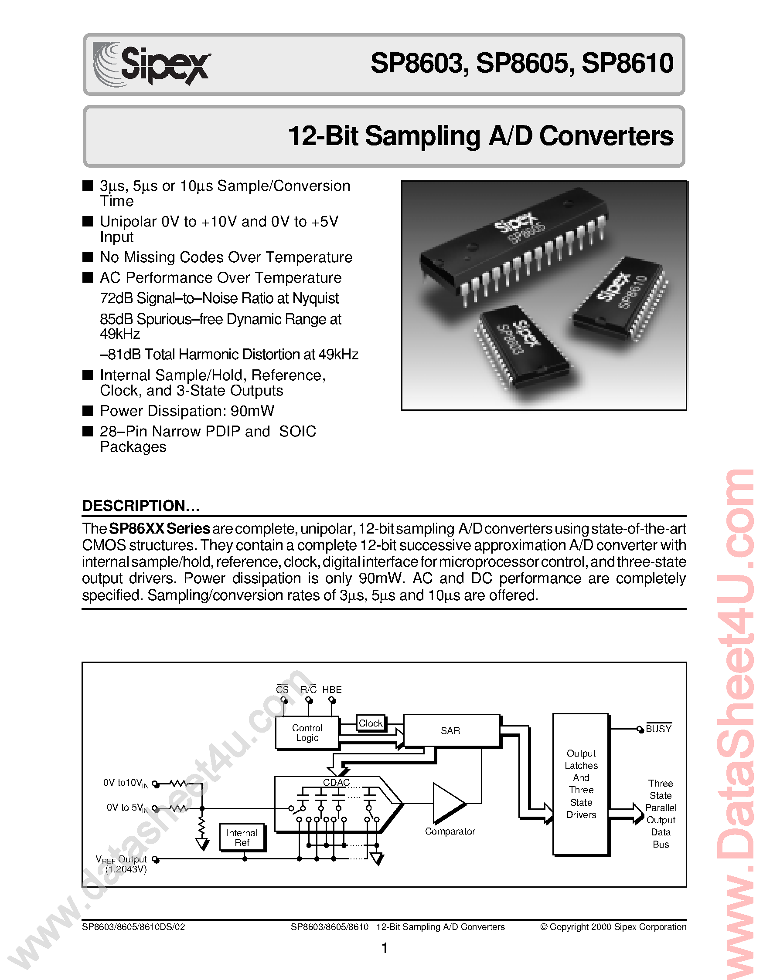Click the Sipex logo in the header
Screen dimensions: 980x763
[x=152, y=64]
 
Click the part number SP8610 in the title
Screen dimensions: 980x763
[x=627, y=64]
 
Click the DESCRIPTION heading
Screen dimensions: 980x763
[x=140, y=506]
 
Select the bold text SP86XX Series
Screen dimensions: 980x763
[x=160, y=529]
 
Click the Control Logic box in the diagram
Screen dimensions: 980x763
[x=307, y=733]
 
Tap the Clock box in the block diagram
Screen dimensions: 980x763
[x=371, y=723]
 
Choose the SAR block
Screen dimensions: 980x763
[x=451, y=730]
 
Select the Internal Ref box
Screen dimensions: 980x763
[x=242, y=837]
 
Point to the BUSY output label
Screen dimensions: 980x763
[x=658, y=729]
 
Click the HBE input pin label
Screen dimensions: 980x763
[x=332, y=689]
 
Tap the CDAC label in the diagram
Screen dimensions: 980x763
[x=336, y=783]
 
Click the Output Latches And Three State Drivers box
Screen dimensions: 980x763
[x=581, y=784]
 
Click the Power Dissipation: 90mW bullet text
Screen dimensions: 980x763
[x=187, y=411]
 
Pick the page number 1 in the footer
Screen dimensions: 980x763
[x=384, y=948]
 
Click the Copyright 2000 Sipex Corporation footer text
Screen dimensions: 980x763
[x=613, y=926]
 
